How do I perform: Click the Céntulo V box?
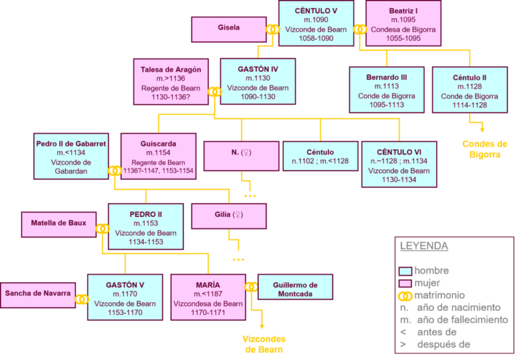point(316,24)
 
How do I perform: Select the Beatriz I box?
point(403,24)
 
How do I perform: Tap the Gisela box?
point(229,29)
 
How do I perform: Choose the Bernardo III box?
point(386,90)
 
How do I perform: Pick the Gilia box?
point(229,216)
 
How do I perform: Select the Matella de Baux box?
point(58,224)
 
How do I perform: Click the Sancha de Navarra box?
point(38,294)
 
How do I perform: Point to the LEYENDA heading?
point(424,245)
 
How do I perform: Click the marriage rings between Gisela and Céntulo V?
point(272,30)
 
